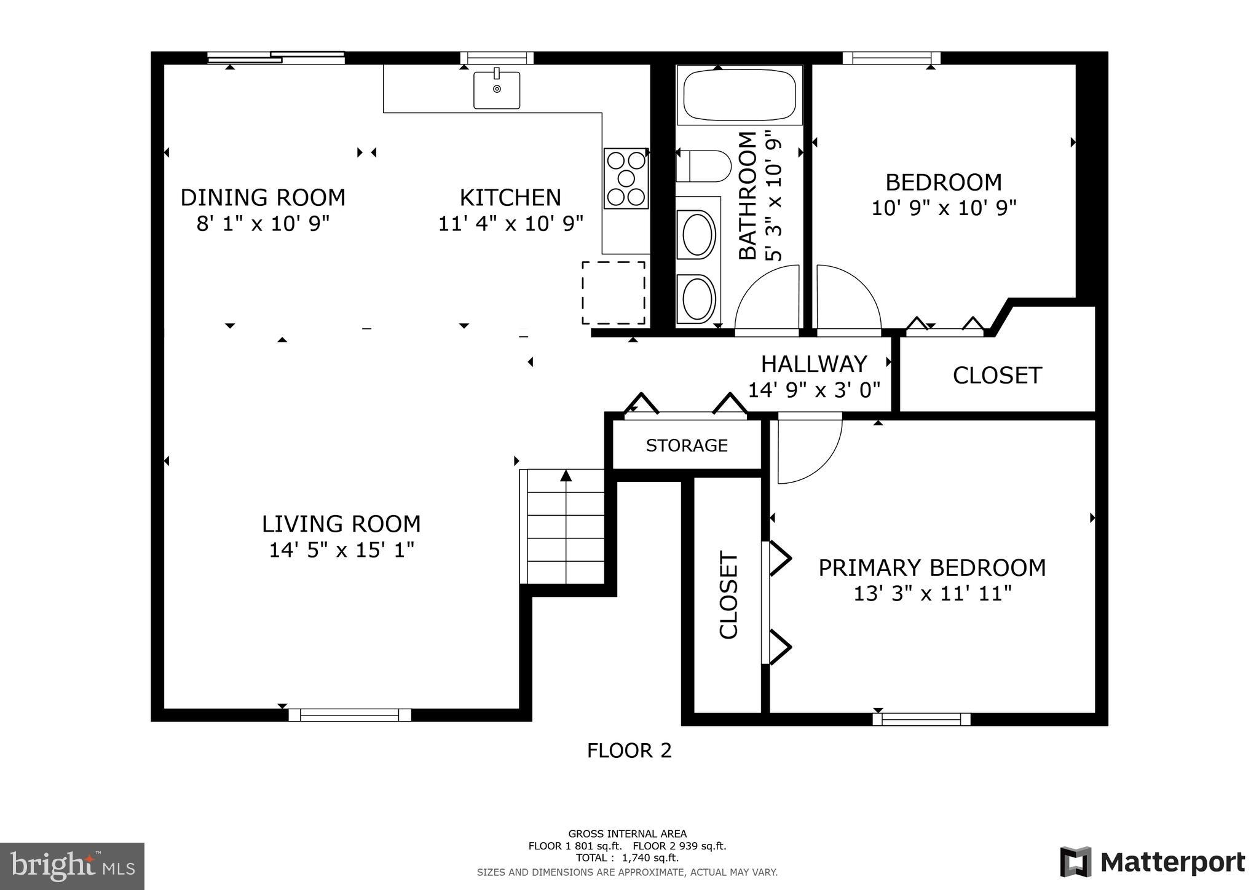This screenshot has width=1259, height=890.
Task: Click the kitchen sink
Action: (x=497, y=90)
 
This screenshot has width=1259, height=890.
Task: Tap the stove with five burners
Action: (x=626, y=178)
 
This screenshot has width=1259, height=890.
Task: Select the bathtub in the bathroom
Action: (x=740, y=95)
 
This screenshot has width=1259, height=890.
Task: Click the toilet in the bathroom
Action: (x=704, y=166)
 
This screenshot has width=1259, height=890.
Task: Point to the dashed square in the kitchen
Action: (x=614, y=293)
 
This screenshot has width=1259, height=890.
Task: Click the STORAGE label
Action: (x=687, y=445)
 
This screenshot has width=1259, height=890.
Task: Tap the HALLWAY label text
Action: (x=814, y=364)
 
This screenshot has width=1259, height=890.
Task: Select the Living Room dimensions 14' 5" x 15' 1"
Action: (x=341, y=549)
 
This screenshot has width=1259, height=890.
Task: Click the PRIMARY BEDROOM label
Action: (x=932, y=567)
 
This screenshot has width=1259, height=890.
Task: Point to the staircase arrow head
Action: (x=566, y=475)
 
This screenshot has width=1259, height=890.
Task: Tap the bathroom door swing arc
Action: (x=765, y=298)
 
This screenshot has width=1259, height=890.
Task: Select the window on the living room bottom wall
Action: (x=349, y=715)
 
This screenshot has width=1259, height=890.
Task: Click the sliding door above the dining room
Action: (x=275, y=58)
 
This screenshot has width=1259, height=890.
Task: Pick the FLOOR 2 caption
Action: (x=629, y=750)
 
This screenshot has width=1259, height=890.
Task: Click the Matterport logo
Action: (x=1152, y=862)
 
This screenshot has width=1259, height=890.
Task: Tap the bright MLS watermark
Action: (x=72, y=866)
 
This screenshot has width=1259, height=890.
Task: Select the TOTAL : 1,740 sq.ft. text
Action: (x=627, y=857)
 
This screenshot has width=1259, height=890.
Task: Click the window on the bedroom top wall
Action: (x=891, y=58)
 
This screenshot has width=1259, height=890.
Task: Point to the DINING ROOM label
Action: (x=262, y=198)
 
